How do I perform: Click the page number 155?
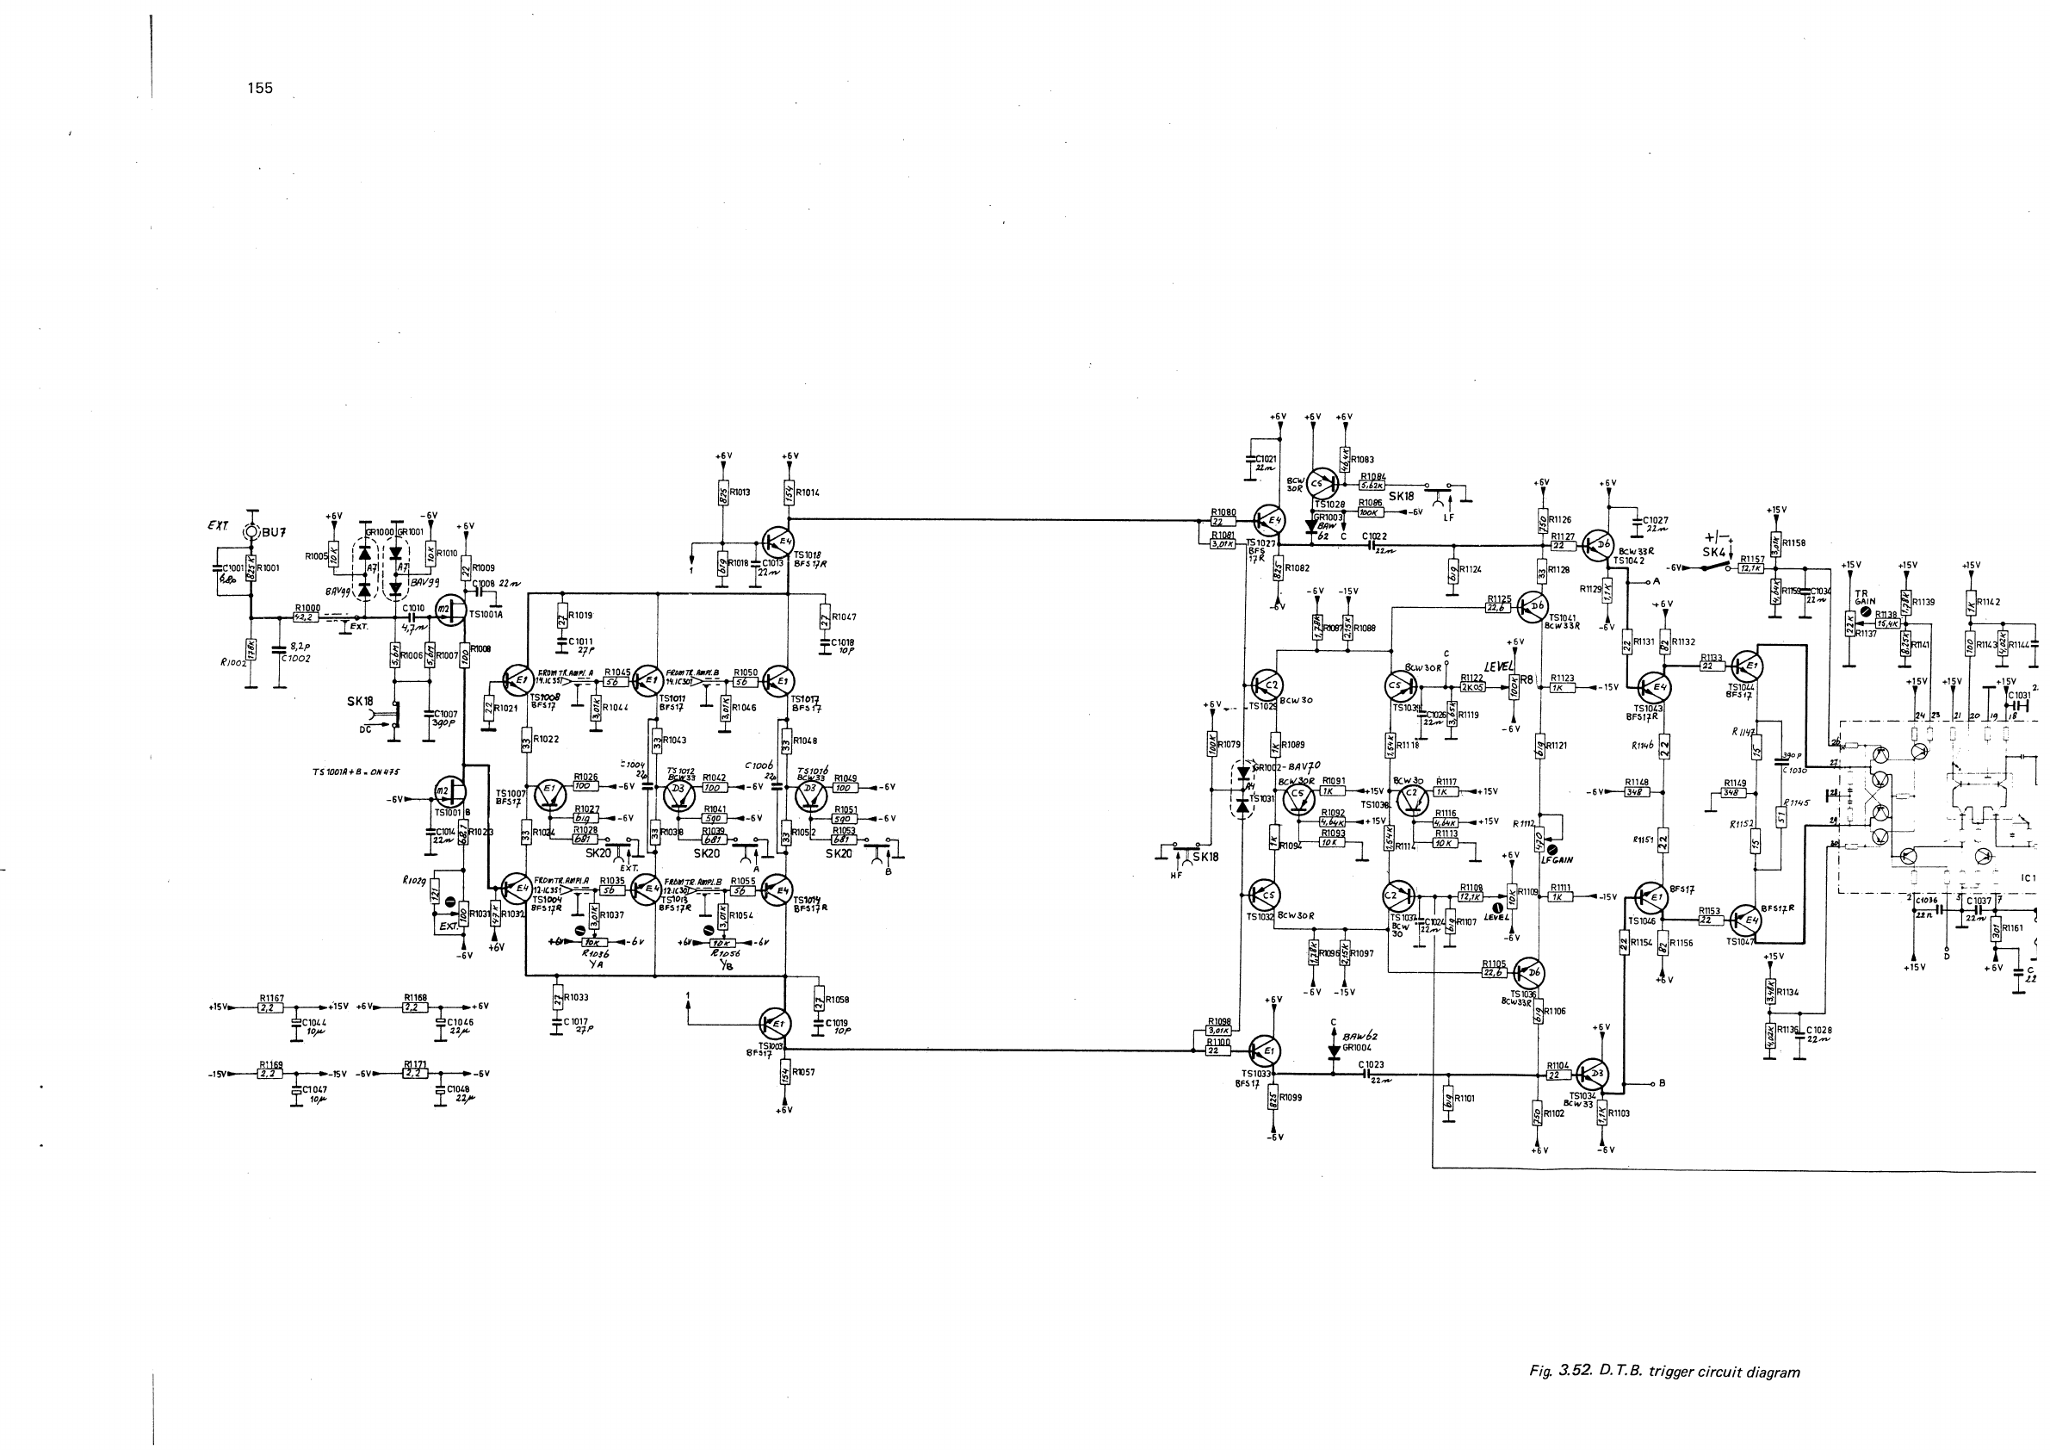(x=260, y=89)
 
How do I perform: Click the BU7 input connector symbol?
(x=251, y=532)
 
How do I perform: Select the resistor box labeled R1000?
(x=306, y=618)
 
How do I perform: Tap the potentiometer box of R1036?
(x=593, y=942)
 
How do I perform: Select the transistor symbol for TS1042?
(x=1597, y=545)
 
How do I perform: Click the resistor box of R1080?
(x=1223, y=522)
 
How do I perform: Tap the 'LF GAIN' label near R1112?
(x=1558, y=860)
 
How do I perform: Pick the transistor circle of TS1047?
(x=1746, y=920)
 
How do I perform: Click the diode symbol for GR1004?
(x=1334, y=1050)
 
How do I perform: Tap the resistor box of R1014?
(x=790, y=493)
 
